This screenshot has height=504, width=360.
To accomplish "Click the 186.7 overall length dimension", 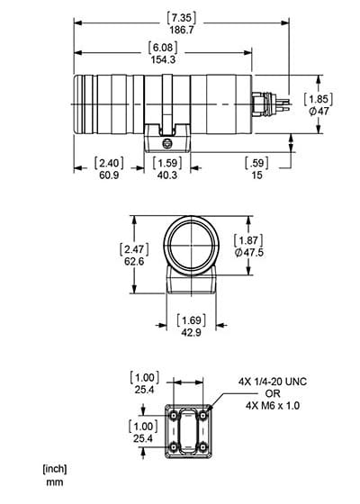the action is pos(182,31).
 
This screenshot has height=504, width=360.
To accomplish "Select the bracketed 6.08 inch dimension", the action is pos(163,48).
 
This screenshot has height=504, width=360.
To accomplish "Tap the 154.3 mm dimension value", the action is pos(163,59).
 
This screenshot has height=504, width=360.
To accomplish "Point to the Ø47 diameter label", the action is pos(319,112).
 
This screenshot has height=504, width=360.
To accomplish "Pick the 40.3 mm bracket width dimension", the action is pos(167,175).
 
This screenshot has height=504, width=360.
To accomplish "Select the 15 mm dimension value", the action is pos(256,175).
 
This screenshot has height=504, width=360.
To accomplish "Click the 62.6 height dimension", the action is pos(134,261).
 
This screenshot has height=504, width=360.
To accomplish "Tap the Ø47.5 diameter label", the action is pos(249,253).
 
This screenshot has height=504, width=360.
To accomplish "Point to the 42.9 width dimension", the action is pos(191,332).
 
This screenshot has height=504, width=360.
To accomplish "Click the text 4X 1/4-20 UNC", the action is pos(273,382).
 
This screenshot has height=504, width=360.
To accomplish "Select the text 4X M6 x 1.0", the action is pos(273,406).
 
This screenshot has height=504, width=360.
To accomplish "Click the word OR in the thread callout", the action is pos(273,394).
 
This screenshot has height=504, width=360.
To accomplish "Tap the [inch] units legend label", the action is pos(55,469).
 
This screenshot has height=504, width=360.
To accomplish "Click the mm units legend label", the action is pos(55,482).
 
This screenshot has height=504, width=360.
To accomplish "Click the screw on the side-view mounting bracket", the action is pos(166,144).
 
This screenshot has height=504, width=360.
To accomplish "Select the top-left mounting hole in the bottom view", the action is pos(174,416).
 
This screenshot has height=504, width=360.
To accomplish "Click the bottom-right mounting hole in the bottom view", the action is pos(202,446).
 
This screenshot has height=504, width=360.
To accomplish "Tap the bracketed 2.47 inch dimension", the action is pos(134,249).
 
